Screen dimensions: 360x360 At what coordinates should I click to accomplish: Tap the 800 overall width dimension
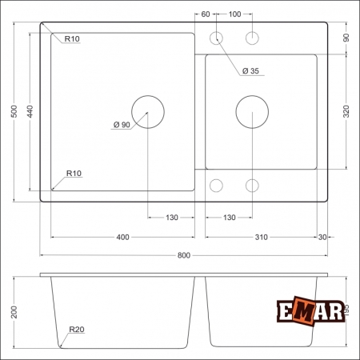183,255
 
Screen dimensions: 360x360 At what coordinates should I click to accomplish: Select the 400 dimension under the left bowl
122,238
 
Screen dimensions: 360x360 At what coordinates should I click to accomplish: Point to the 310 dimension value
261,238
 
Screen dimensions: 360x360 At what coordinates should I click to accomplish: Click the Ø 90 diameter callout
122,124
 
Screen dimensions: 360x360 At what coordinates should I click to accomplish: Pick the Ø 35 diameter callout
250,71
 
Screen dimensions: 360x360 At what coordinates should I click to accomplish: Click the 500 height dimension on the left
14,113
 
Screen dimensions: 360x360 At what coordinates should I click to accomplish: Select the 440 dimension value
29,113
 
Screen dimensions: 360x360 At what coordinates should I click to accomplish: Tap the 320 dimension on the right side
346,112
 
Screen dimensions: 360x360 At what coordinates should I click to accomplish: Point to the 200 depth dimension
14,312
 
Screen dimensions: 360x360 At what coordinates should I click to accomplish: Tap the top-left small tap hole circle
217,38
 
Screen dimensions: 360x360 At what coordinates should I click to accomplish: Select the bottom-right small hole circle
252,186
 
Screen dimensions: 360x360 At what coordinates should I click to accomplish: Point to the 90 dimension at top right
346,38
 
